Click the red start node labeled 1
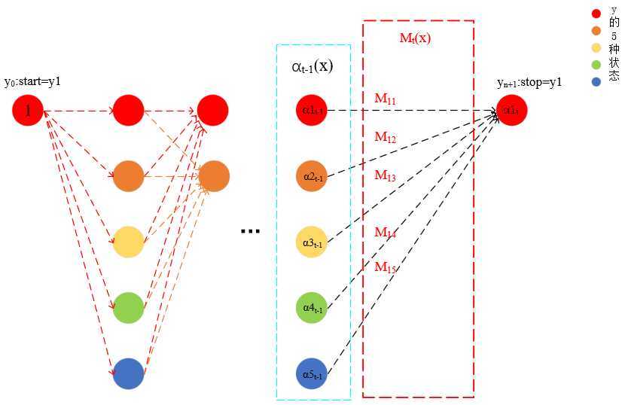(28, 111)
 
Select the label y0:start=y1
(32, 81)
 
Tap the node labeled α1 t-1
(312, 111)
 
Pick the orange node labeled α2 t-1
(312, 176)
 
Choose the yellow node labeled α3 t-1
(312, 242)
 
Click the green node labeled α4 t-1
(312, 308)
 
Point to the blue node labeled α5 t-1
(312, 374)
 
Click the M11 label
(386, 99)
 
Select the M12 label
(386, 137)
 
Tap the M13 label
(386, 175)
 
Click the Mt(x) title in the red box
(415, 38)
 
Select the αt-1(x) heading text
(312, 66)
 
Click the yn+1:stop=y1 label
(529, 82)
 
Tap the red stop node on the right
(512, 111)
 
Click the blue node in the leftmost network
(128, 374)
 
